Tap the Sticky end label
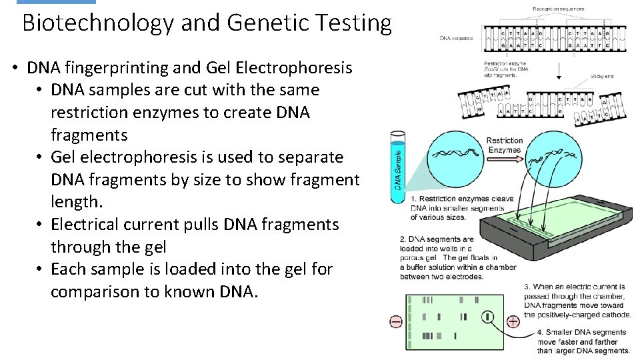[601, 76]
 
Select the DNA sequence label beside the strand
[456, 38]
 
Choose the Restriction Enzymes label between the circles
[505, 145]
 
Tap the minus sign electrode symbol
[395, 322]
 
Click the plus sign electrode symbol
[513, 321]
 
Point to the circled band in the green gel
[487, 317]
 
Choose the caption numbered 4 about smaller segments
[582, 341]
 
